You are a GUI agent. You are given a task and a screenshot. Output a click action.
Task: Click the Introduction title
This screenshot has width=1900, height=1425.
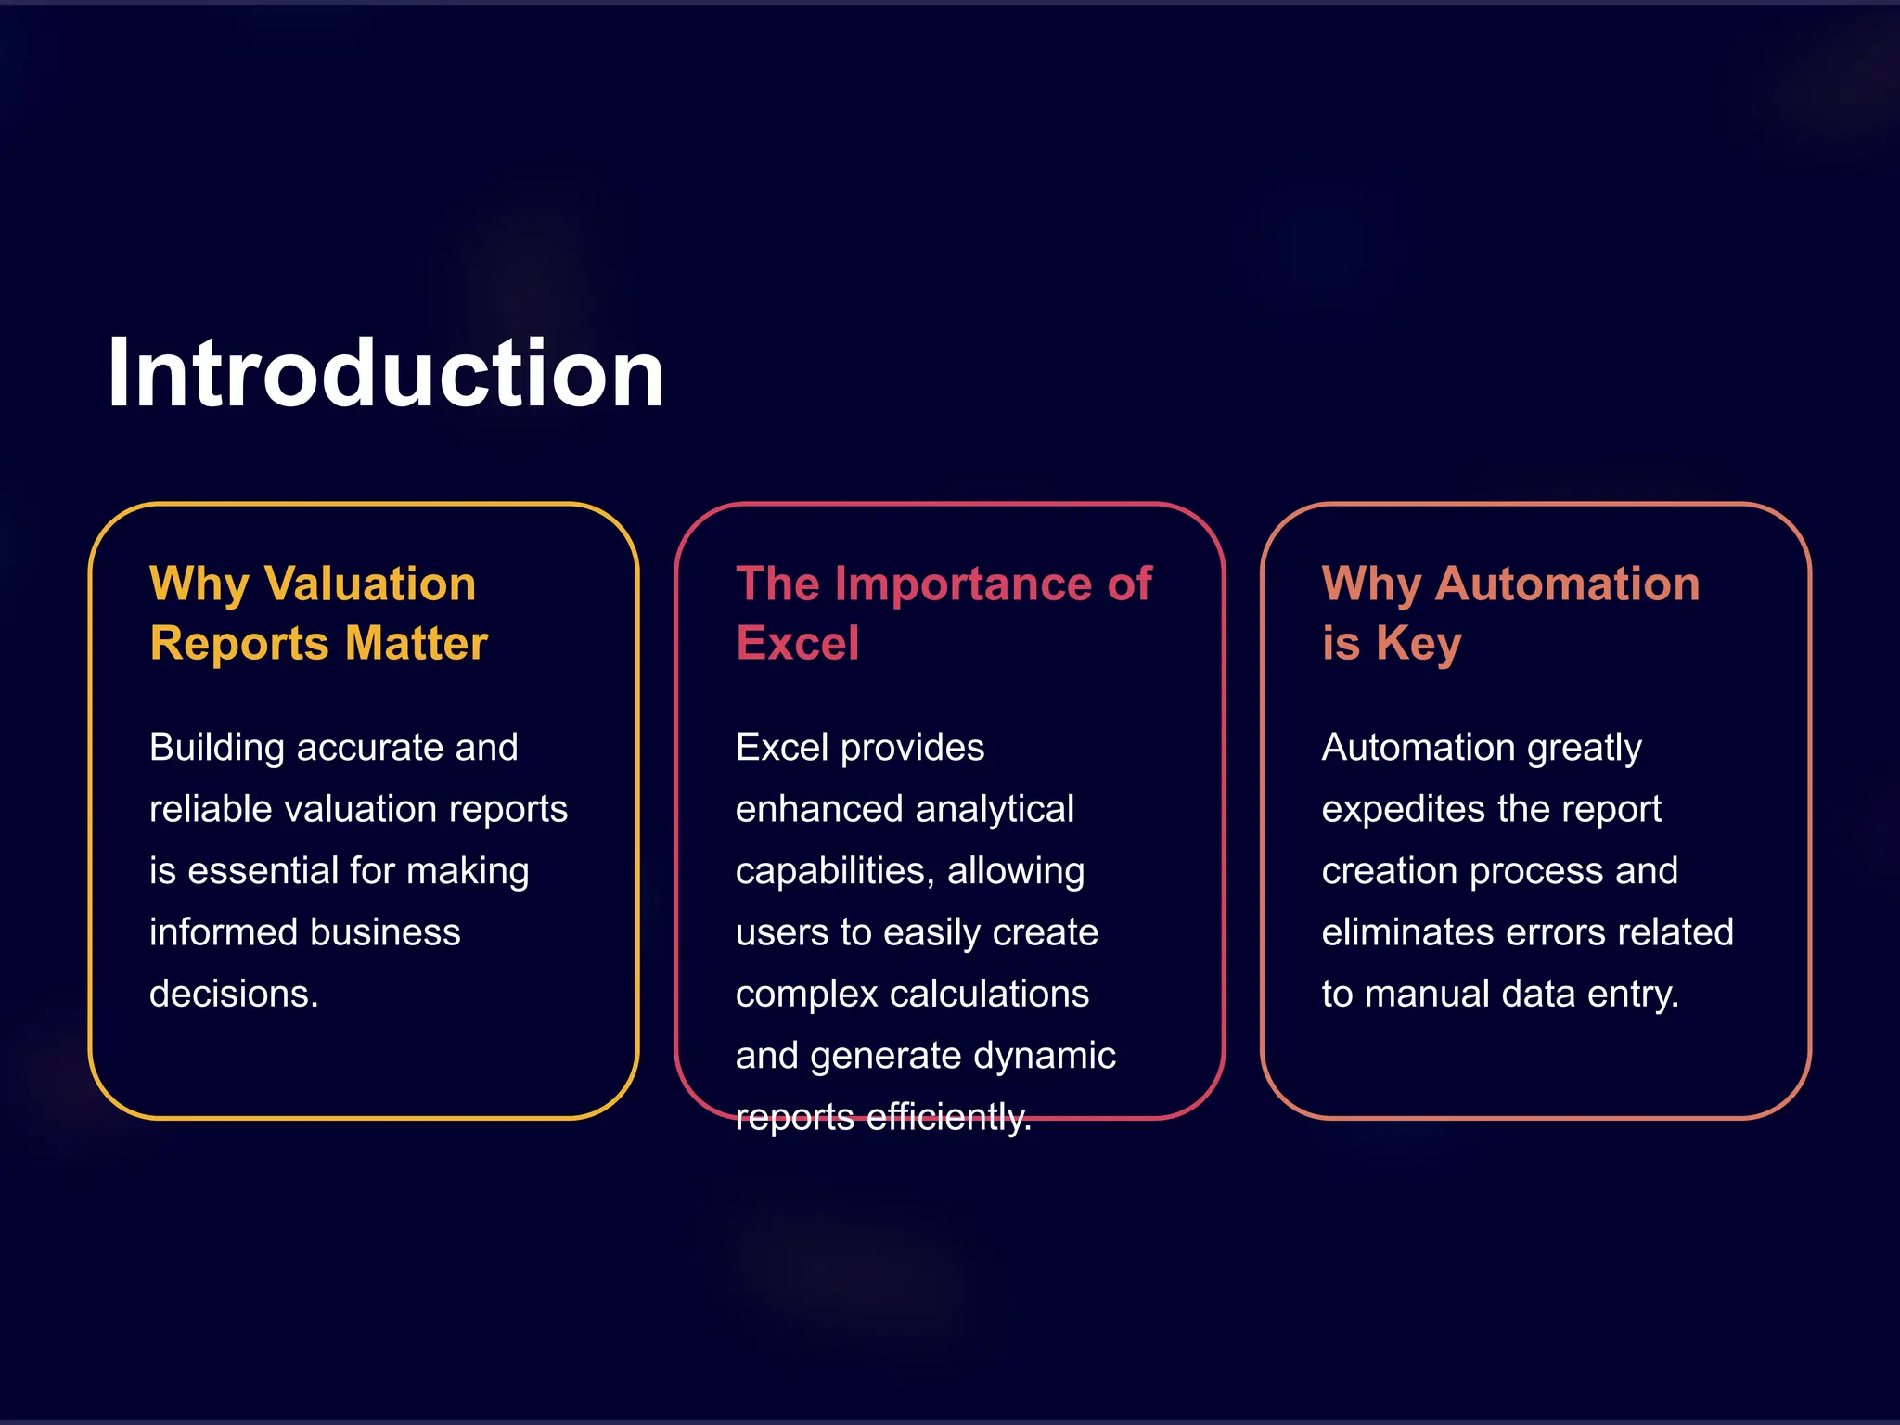coord(385,373)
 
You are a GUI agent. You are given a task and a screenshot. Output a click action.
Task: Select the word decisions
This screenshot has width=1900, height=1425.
coord(234,995)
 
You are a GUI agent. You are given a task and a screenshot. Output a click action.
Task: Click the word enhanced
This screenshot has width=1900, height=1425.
coord(801,809)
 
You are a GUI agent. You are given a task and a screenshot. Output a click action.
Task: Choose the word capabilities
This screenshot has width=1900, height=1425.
coord(834,871)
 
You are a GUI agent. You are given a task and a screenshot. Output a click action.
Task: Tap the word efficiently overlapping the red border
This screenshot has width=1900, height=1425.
coord(948,1117)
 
